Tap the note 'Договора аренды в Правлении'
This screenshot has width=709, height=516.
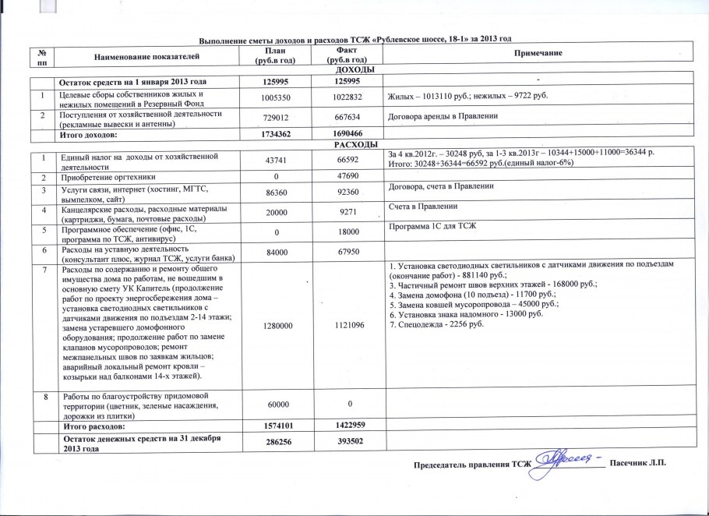pos(443,116)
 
